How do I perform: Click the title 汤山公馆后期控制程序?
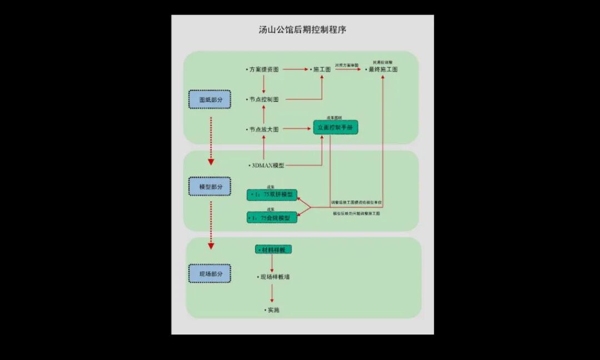[x=302, y=30]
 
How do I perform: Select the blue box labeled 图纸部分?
[x=209, y=99]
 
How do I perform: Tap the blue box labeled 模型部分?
[x=211, y=187]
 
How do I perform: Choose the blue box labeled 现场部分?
[x=211, y=274]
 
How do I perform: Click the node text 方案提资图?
[x=264, y=69]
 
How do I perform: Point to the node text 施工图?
[x=322, y=69]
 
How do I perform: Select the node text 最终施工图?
[x=383, y=69]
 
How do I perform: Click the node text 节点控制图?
[x=264, y=99]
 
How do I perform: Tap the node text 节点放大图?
[x=264, y=129]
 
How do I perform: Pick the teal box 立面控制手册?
[x=336, y=128]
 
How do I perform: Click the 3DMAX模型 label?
[x=268, y=166]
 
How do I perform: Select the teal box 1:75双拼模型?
[x=272, y=195]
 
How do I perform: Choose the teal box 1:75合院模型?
[x=272, y=218]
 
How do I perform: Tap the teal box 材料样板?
[x=273, y=250]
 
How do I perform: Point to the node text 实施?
[x=273, y=309]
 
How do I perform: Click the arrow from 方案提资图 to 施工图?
[x=295, y=69]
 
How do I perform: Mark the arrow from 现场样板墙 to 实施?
[x=272, y=293]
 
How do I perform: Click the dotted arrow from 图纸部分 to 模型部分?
[x=211, y=141]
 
